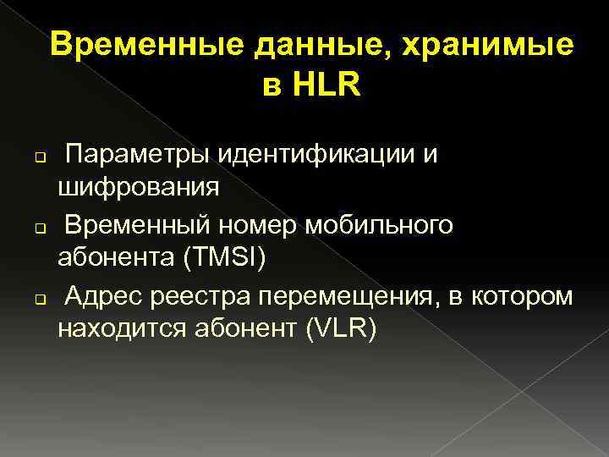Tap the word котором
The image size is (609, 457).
coord(525,296)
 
